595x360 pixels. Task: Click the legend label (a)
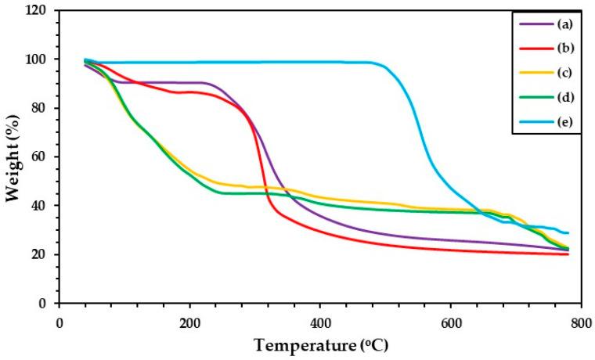click(x=562, y=23)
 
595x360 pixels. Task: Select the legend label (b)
click(x=562, y=48)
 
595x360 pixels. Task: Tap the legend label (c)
click(x=562, y=73)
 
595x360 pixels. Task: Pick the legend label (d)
click(x=562, y=97)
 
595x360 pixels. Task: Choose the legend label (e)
click(x=562, y=121)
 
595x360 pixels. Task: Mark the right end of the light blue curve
click(x=568, y=233)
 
